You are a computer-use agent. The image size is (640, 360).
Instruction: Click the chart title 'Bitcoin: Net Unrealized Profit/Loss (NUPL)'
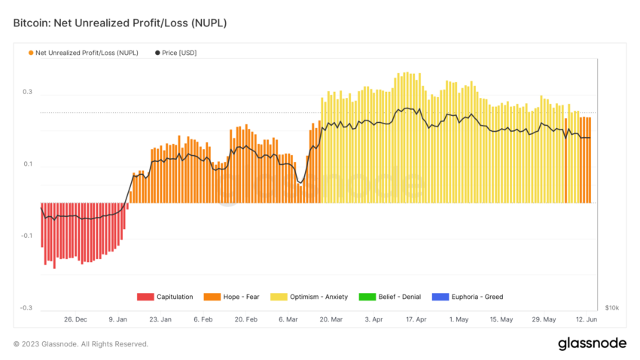(120, 23)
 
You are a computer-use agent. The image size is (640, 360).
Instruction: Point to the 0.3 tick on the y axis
(27, 93)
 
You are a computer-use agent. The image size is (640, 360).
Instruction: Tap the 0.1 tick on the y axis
(27, 164)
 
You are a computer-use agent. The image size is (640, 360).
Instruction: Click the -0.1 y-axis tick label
(26, 236)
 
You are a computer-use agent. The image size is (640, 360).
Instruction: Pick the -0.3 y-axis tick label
(26, 308)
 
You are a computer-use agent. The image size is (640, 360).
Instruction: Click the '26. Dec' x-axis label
(75, 319)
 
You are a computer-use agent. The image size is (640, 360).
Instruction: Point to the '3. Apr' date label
(373, 319)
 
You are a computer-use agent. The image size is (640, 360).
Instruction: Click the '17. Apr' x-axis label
(416, 319)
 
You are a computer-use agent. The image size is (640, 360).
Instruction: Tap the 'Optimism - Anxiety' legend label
(325, 297)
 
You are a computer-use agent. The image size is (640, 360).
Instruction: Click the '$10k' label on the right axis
(611, 308)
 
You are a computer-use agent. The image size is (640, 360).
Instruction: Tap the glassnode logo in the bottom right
(592, 343)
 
